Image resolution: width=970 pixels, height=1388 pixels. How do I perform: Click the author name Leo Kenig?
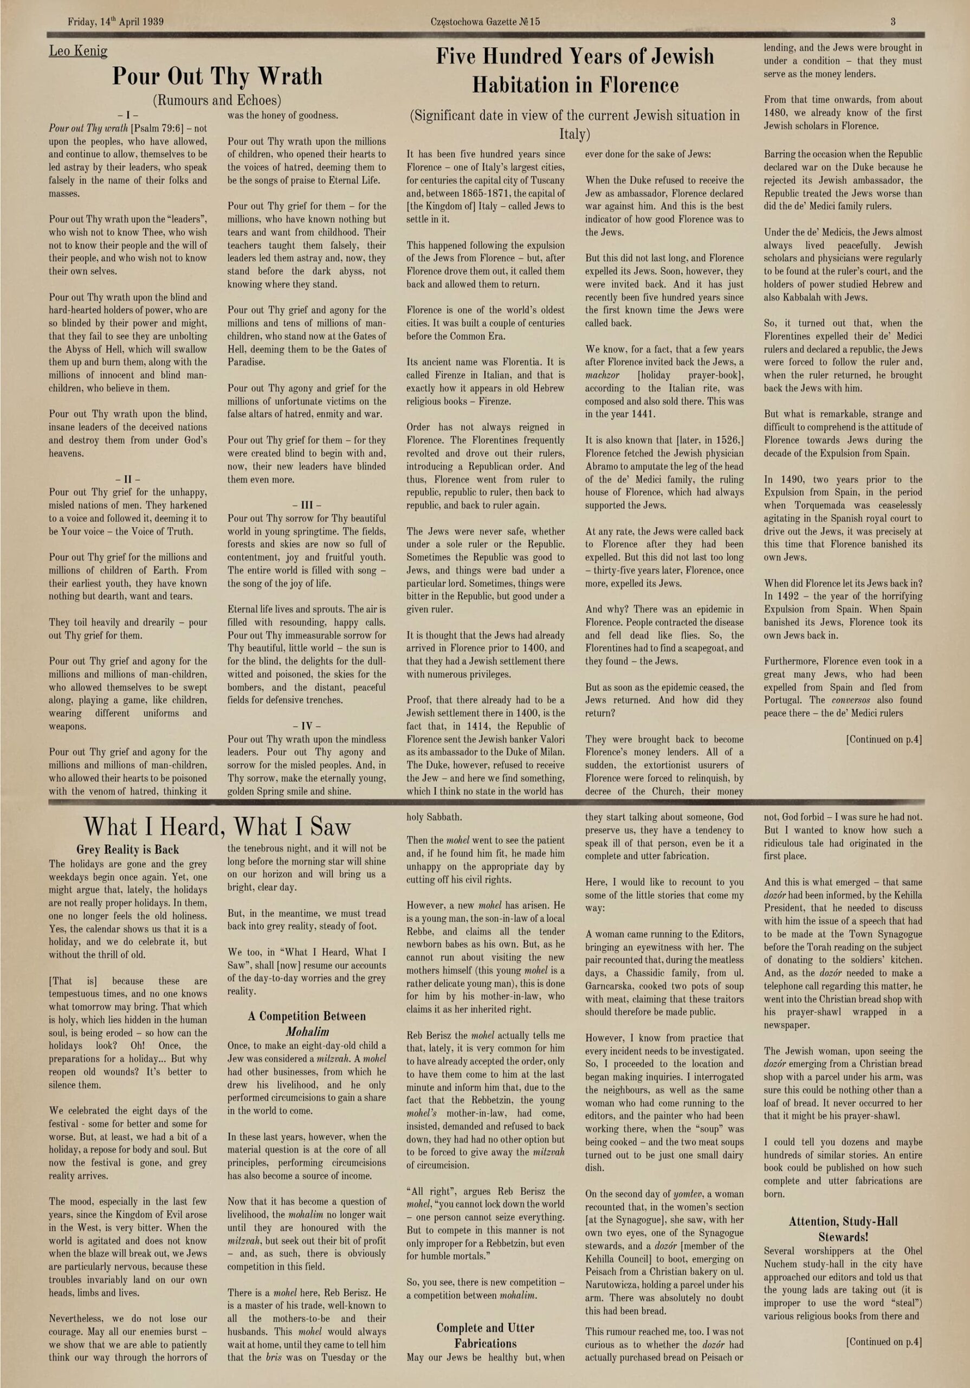[78, 51]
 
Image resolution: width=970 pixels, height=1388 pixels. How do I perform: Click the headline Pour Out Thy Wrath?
[217, 77]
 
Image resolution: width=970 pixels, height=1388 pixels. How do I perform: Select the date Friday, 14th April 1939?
[115, 22]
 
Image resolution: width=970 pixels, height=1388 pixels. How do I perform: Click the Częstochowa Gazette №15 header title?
[486, 22]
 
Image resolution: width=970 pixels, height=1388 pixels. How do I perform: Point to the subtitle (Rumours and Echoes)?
[217, 100]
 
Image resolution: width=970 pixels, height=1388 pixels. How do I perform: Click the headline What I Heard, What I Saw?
[217, 826]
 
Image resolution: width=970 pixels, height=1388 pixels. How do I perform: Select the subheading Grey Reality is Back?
[127, 850]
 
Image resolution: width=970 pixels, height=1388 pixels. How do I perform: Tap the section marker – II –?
[127, 479]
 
